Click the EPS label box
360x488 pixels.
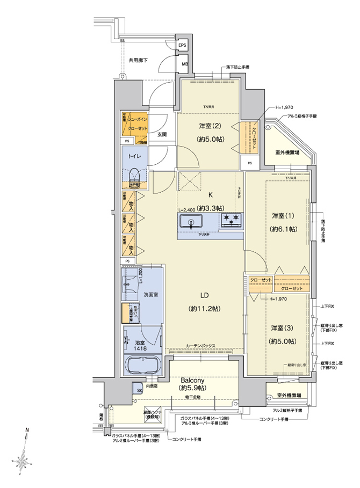pyautogui.click(x=183, y=46)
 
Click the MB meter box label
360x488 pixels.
pyautogui.click(x=184, y=64)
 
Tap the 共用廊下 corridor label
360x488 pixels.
pyautogui.click(x=138, y=60)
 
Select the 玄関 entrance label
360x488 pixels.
pyautogui.click(x=162, y=135)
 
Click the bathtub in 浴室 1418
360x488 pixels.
pyautogui.click(x=142, y=366)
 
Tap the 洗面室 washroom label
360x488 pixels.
pyautogui.click(x=150, y=295)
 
